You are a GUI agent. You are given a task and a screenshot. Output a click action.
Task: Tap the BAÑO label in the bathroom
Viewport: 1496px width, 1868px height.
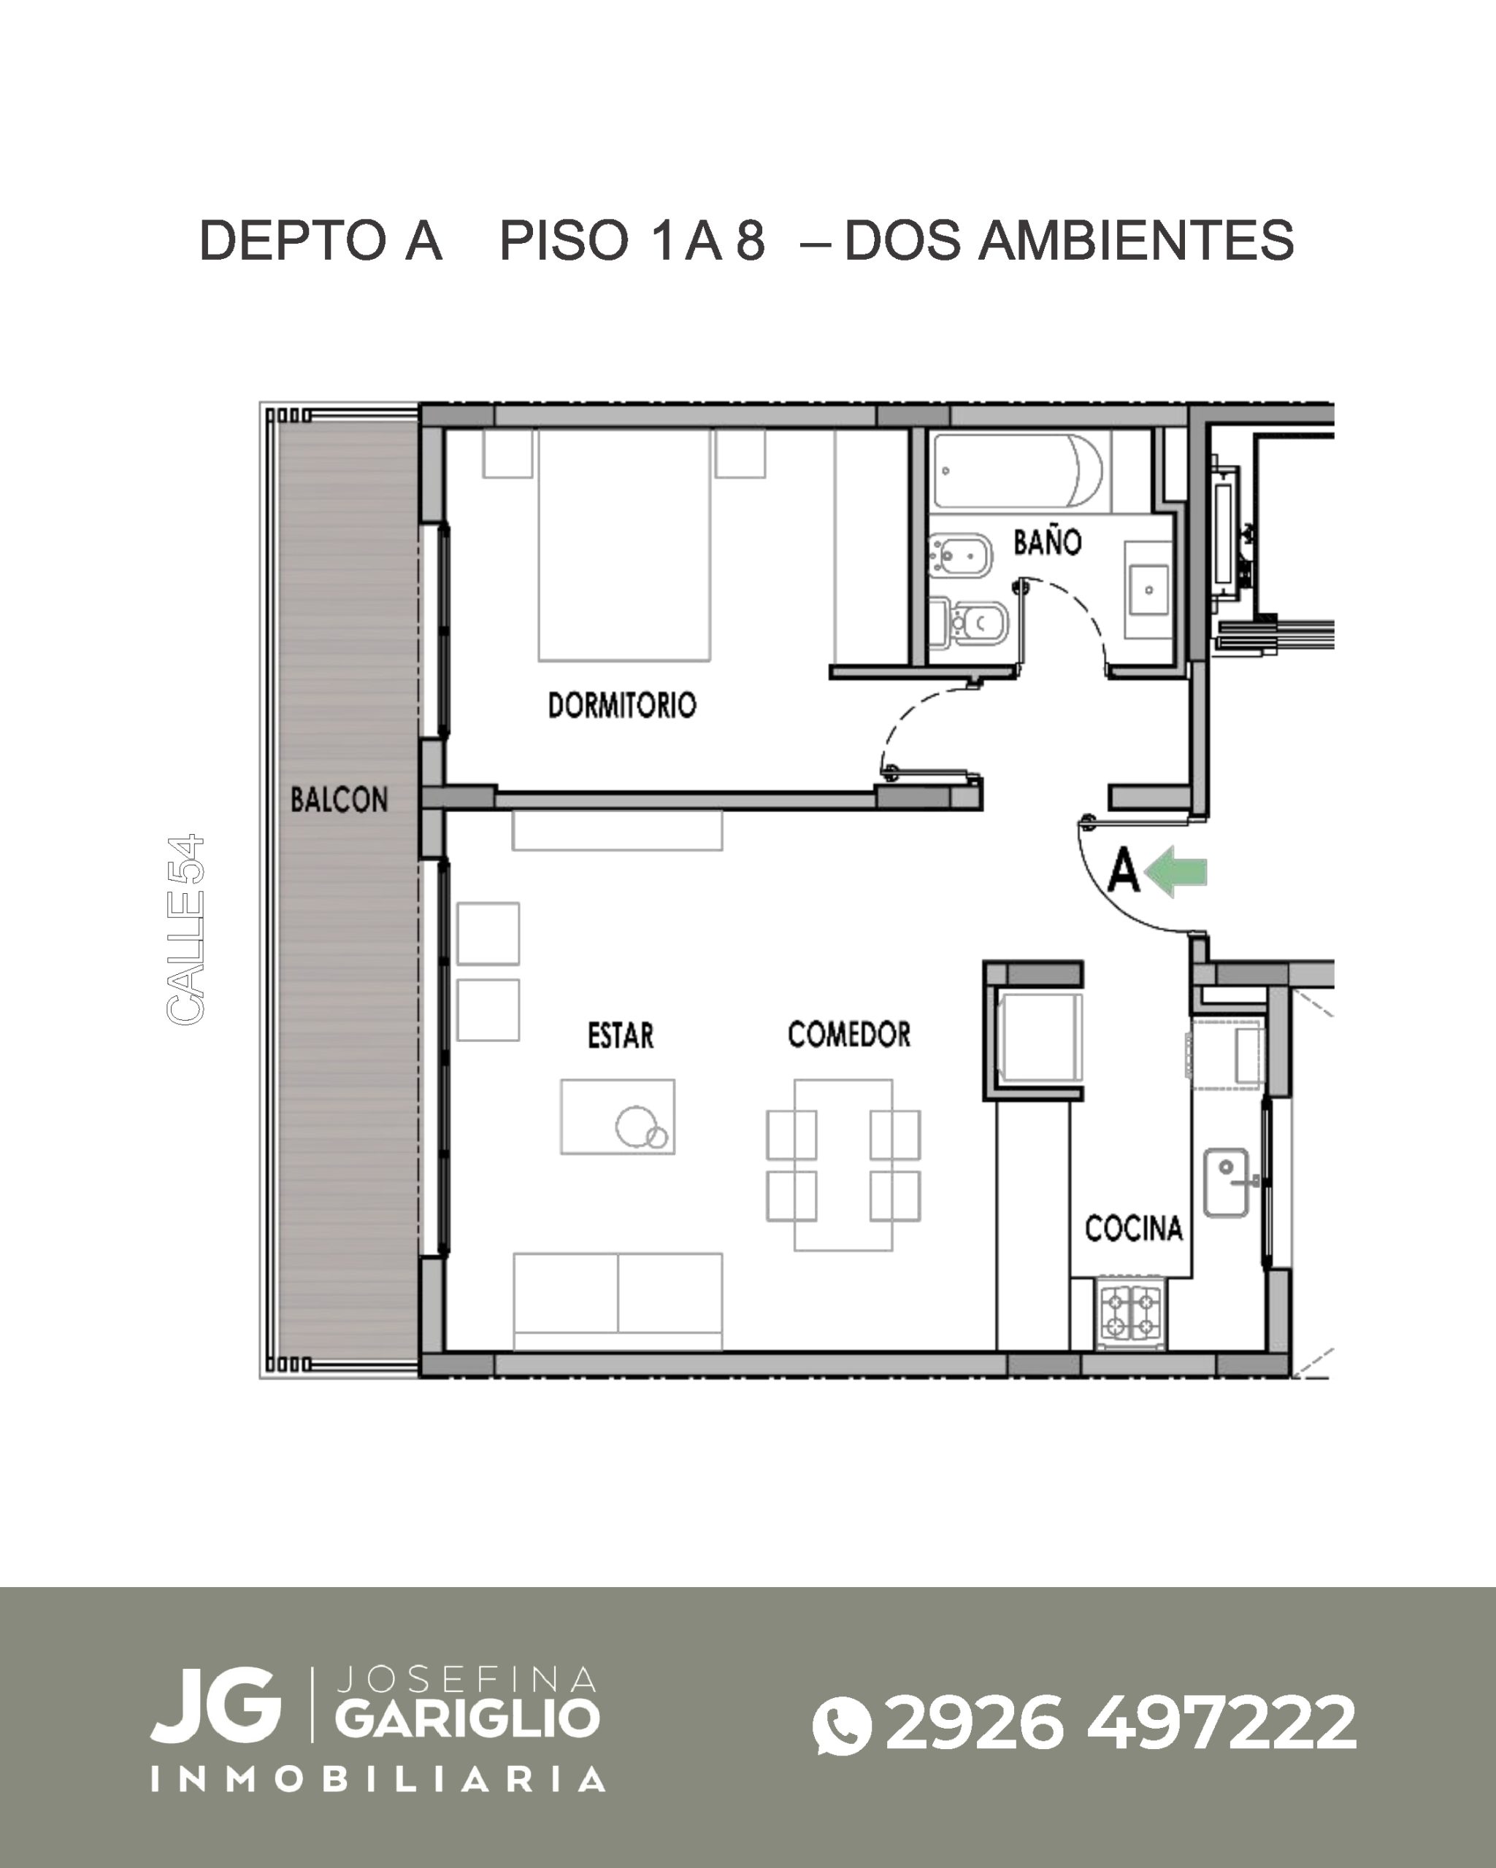click(1047, 542)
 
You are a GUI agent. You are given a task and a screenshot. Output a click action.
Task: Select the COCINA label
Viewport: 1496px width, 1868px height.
click(1134, 1228)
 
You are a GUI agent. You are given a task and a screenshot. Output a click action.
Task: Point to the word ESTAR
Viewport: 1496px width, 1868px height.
click(621, 1035)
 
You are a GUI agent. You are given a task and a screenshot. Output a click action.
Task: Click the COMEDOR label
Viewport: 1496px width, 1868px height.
click(848, 1034)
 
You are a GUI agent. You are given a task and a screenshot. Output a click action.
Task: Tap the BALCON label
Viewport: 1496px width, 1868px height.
click(339, 799)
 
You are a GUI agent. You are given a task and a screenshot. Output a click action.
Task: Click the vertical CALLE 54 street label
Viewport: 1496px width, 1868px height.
click(185, 929)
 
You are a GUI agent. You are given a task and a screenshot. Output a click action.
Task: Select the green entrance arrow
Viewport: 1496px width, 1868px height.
click(1176, 872)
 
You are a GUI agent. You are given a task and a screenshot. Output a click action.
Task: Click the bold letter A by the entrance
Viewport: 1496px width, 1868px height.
click(1124, 871)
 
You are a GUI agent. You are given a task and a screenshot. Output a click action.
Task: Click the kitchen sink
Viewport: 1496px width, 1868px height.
click(1226, 1182)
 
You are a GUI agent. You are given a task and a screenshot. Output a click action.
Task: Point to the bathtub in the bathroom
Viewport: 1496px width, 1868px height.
click(1019, 471)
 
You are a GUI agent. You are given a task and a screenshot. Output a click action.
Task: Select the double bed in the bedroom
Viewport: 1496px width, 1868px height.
click(624, 545)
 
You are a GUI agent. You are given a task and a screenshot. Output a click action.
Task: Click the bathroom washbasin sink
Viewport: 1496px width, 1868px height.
click(1148, 589)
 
